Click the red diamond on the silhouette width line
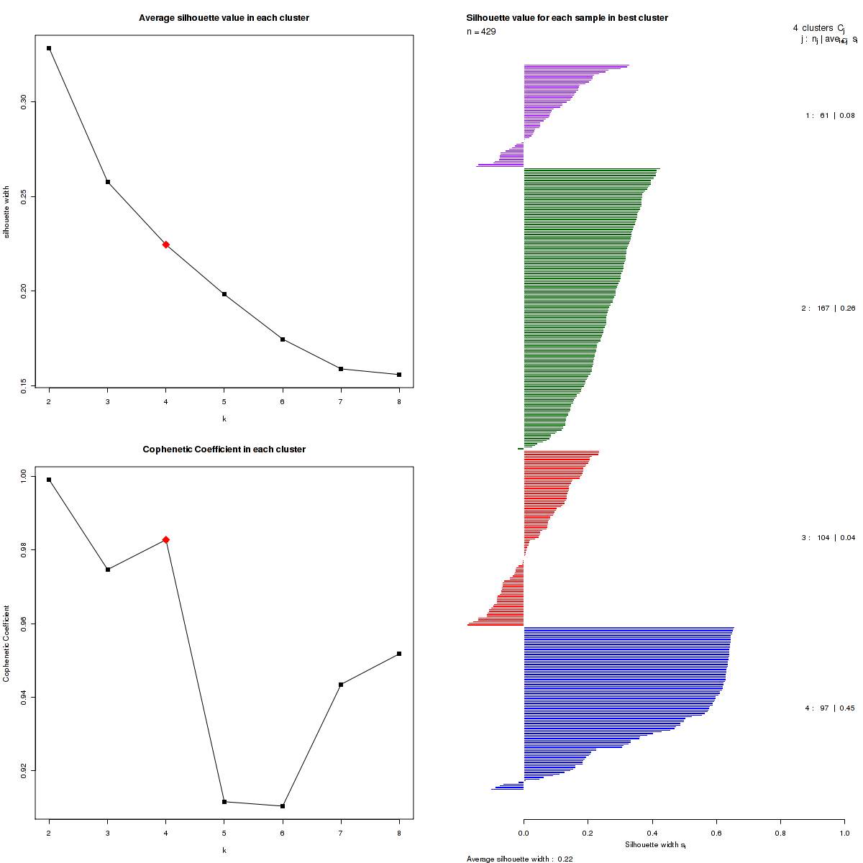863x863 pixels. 166,245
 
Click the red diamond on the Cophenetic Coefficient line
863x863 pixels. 166,539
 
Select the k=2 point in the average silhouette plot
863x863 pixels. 49,48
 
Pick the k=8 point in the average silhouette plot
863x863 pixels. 399,375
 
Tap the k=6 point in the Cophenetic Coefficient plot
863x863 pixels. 283,806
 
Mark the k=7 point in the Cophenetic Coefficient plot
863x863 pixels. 341,685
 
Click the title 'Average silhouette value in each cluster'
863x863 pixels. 224,18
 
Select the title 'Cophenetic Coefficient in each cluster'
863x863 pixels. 224,449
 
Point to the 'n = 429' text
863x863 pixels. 481,32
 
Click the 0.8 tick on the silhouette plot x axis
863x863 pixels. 780,834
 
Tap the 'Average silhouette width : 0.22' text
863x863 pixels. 519,859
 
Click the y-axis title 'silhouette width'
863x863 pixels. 6,212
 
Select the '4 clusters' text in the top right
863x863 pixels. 813,28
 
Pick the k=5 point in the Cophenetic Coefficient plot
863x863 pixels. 224,802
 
